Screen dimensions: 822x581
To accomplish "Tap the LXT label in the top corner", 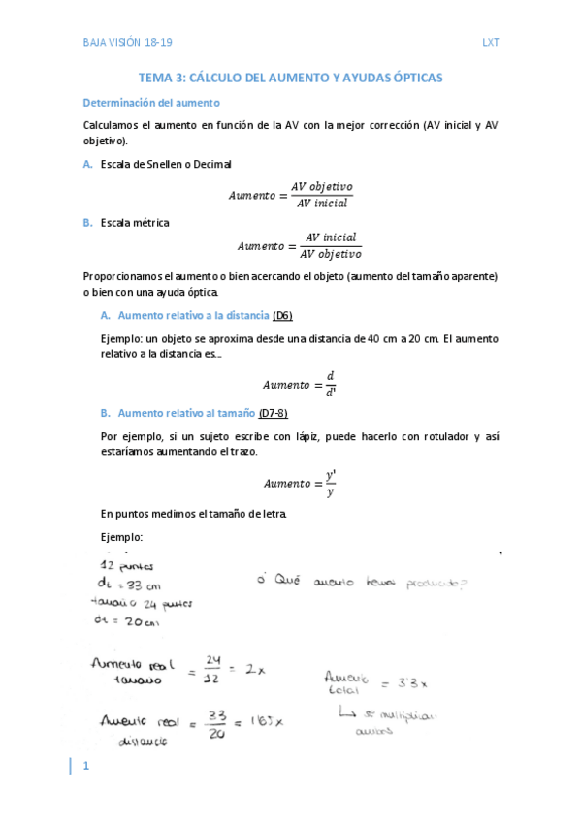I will coord(490,43).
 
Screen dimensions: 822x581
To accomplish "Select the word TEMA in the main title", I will coord(158,78).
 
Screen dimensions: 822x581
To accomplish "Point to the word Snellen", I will coord(167,164).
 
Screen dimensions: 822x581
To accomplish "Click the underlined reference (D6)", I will coord(283,316).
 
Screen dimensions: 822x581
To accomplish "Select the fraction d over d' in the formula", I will coord(331,383).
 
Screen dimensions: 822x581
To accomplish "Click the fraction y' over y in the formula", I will coord(331,484).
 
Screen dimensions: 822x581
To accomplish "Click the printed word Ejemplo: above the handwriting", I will coord(122,537).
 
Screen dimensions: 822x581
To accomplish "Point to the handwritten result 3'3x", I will coord(412,682).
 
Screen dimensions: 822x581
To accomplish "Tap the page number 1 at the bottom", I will coord(85,768).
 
